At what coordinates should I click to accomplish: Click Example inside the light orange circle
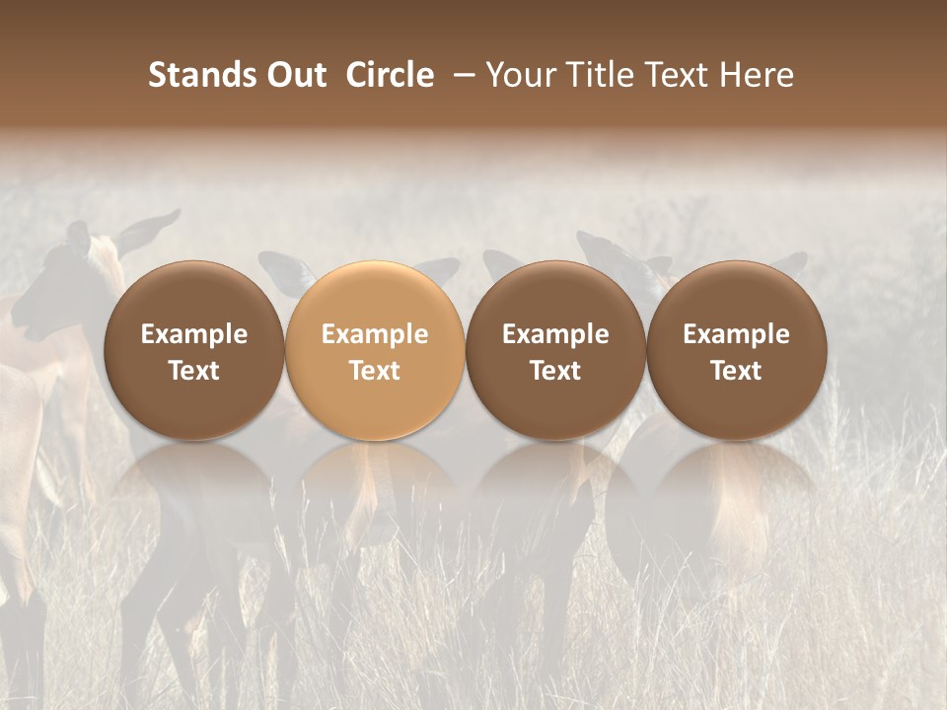pos(375,334)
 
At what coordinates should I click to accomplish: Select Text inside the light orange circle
pos(375,371)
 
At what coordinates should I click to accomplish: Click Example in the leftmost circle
pos(193,334)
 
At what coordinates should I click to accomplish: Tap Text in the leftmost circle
pos(193,371)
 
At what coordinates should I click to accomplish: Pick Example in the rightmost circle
pos(736,334)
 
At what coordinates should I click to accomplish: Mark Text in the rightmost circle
pos(736,371)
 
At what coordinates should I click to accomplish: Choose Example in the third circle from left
pos(555,334)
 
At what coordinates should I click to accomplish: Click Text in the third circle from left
pos(555,371)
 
